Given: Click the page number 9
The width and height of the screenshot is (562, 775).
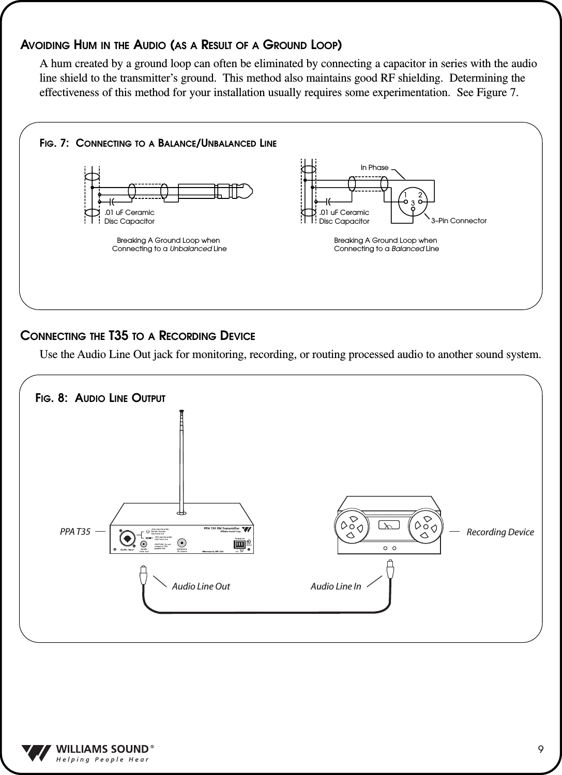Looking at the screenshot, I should (540, 750).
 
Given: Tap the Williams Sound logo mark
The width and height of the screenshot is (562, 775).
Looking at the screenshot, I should (37, 753).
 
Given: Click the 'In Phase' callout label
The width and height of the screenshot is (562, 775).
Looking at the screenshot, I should (374, 168).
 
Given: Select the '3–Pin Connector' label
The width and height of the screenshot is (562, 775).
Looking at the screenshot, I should (459, 221).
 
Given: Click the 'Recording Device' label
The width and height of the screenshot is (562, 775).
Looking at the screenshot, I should (500, 532).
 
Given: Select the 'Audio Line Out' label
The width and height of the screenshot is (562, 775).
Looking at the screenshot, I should (201, 586).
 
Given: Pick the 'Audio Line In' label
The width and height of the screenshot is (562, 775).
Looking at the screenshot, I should (336, 586).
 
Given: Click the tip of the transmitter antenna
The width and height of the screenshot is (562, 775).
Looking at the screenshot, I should (181, 413).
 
